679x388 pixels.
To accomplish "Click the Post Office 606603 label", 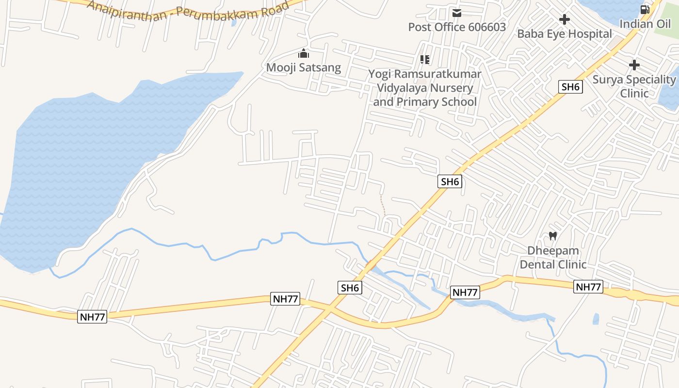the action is tap(456, 27).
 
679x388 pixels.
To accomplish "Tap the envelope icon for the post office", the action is tap(456, 13).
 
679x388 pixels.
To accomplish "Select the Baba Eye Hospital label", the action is tap(564, 34).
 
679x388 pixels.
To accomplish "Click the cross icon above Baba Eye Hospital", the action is tap(564, 19).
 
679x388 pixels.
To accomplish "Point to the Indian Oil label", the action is tap(645, 24).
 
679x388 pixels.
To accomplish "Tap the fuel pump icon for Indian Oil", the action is tap(645, 9).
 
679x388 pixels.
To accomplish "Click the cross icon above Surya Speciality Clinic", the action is tap(634, 65).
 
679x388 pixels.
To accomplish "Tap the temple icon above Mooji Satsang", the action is tap(304, 53).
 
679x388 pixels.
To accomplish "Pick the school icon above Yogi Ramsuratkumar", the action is tap(425, 60).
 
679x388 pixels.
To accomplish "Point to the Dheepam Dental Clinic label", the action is tap(553, 258).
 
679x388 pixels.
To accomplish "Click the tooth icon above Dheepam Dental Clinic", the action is tap(552, 236).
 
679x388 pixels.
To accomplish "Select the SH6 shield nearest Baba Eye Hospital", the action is tap(570, 87).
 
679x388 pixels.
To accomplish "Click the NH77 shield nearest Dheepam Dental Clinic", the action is tap(588, 287).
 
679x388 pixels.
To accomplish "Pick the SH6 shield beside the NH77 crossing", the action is tap(350, 288).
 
